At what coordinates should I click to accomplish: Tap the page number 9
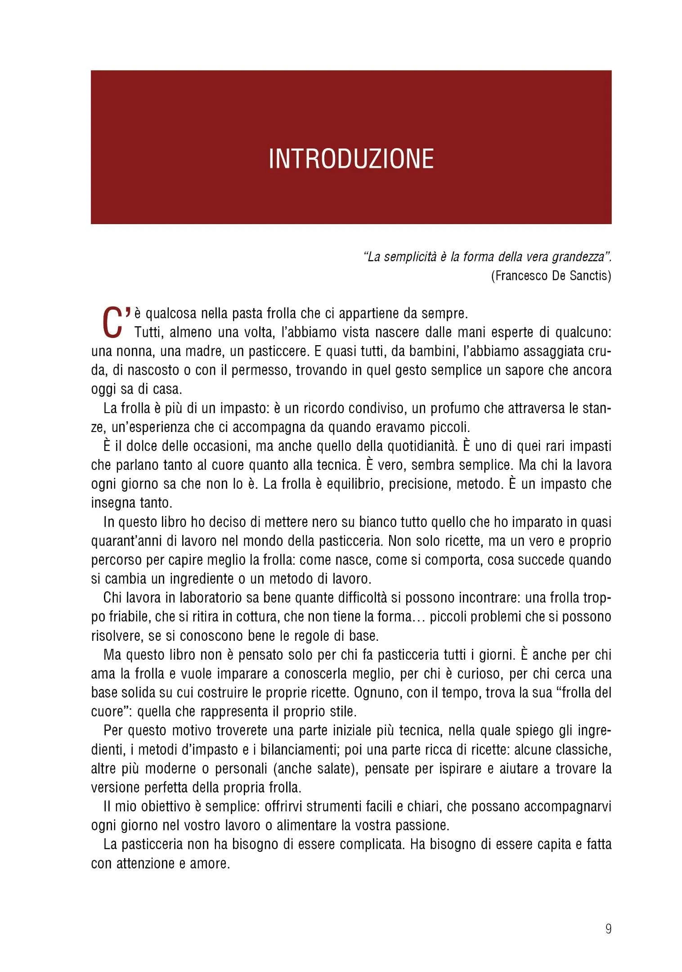[608, 928]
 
